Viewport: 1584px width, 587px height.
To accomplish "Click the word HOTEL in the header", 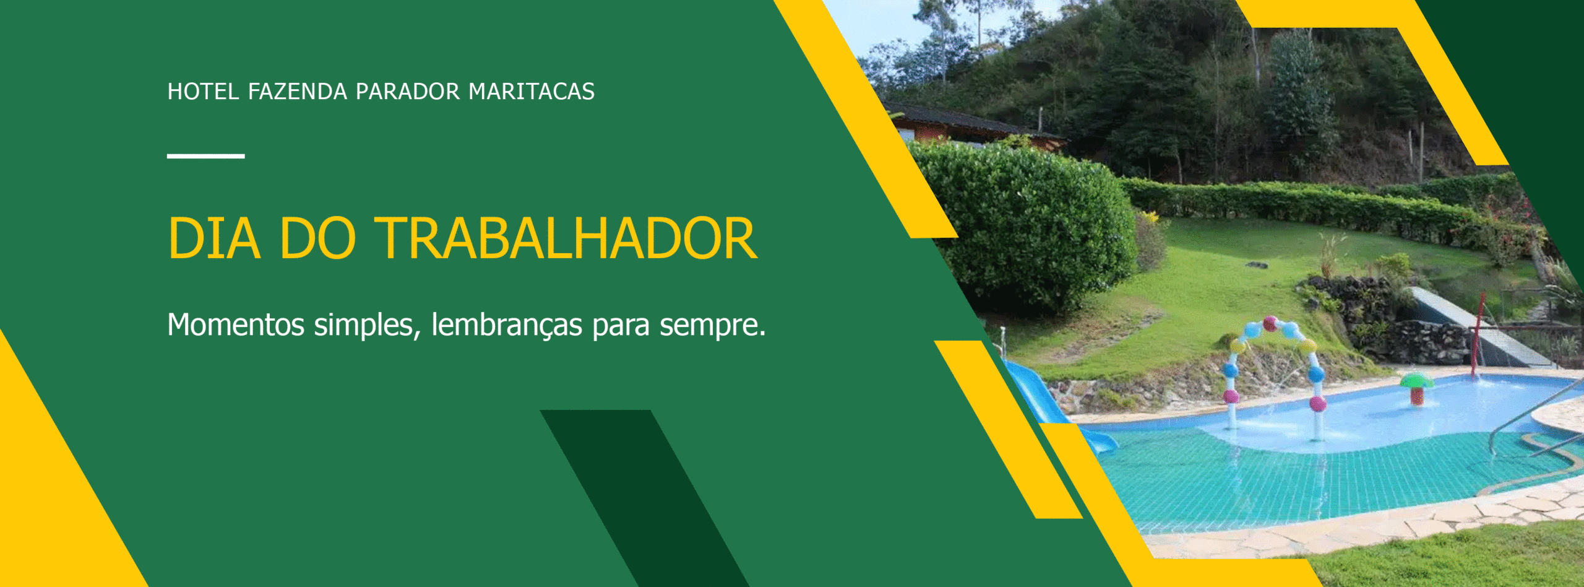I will (x=202, y=92).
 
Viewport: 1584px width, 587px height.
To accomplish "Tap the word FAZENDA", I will (x=297, y=92).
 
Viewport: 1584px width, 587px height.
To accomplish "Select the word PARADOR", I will (x=407, y=92).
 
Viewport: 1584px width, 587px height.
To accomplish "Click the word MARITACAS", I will (x=531, y=92).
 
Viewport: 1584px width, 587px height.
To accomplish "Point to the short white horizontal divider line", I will (x=205, y=156).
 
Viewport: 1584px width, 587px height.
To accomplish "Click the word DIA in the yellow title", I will (x=213, y=238).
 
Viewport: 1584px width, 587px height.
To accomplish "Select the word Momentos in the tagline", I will (x=236, y=324).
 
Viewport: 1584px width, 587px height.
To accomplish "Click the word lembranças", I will (x=506, y=324).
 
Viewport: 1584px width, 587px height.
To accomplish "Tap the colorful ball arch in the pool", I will (x=1273, y=365).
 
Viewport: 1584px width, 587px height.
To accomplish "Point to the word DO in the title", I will (x=317, y=238).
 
